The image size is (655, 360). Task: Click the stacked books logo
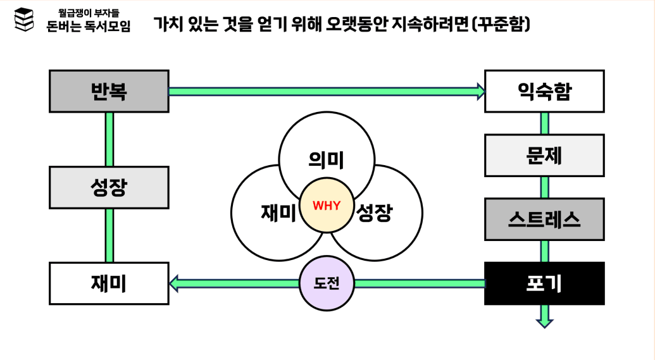pyautogui.click(x=24, y=20)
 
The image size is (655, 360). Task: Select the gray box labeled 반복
pyautogui.click(x=109, y=92)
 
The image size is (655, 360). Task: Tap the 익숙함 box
pyautogui.click(x=544, y=92)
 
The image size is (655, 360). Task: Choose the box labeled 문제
pyautogui.click(x=544, y=155)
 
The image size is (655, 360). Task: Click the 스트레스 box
pyautogui.click(x=544, y=219)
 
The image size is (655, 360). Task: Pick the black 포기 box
pyautogui.click(x=544, y=283)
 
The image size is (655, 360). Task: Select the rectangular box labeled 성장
pyautogui.click(x=109, y=187)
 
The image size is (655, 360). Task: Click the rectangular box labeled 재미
pyautogui.click(x=109, y=283)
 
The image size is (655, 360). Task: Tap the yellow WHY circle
pyautogui.click(x=327, y=205)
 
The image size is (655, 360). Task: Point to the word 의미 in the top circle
pyautogui.click(x=327, y=160)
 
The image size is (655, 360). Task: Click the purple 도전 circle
pyautogui.click(x=327, y=283)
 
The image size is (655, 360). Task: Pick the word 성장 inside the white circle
pyautogui.click(x=375, y=213)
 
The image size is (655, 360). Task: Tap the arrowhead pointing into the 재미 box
pyautogui.click(x=175, y=283)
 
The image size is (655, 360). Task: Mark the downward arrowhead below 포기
pyautogui.click(x=544, y=321)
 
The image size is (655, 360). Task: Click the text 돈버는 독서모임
pyautogui.click(x=89, y=27)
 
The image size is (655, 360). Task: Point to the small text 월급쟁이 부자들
pyautogui.click(x=89, y=12)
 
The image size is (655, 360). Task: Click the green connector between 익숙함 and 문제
pyautogui.click(x=544, y=123)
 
